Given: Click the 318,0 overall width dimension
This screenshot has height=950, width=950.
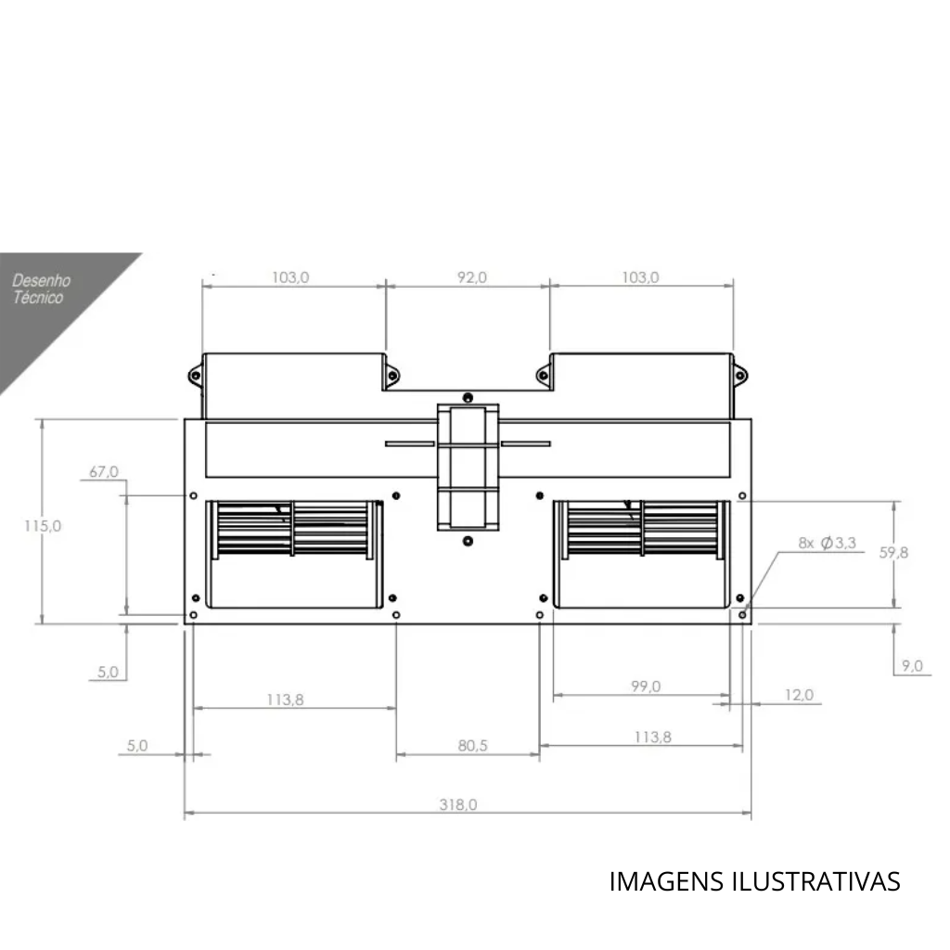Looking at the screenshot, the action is pos(458,804).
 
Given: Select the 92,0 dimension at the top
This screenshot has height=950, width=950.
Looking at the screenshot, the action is pos(472,277).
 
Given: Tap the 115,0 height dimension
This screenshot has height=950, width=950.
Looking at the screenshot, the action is pos(43,526).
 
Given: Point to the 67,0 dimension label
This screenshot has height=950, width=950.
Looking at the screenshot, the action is pos(104,471).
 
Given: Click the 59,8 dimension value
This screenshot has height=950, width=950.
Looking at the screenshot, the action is pos(893,553).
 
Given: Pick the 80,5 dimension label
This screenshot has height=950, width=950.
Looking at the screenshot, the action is pos(472,745).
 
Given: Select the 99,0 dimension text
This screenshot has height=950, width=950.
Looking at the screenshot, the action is pos(646,687).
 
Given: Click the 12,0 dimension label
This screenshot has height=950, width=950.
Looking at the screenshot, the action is pos(799,695).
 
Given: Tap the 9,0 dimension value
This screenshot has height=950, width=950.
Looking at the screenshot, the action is pos(912,666).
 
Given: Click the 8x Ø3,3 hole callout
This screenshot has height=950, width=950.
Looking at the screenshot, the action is pos(827,543).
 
